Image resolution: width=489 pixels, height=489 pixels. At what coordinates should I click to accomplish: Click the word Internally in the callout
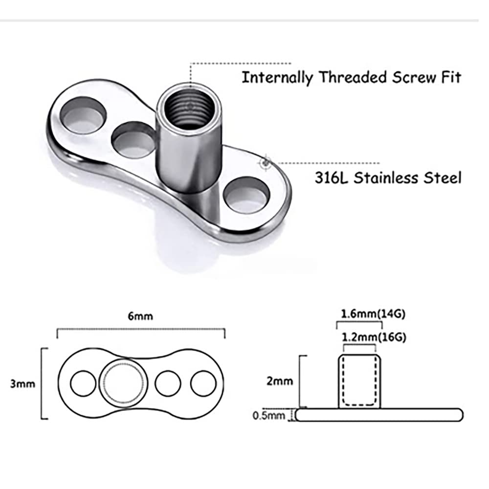click(x=277, y=77)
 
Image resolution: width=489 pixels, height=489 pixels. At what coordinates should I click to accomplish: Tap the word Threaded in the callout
click(x=353, y=77)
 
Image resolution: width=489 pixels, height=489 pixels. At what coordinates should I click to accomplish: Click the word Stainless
click(x=385, y=178)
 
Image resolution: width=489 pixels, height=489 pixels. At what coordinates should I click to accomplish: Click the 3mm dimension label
click(x=22, y=383)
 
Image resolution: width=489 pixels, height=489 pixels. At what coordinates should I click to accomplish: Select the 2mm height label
click(x=280, y=381)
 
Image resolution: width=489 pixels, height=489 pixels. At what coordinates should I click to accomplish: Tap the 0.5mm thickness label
click(x=269, y=416)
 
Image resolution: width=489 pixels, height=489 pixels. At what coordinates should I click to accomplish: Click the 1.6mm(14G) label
click(x=373, y=314)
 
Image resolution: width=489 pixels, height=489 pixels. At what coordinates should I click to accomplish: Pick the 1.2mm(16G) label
click(x=374, y=337)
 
